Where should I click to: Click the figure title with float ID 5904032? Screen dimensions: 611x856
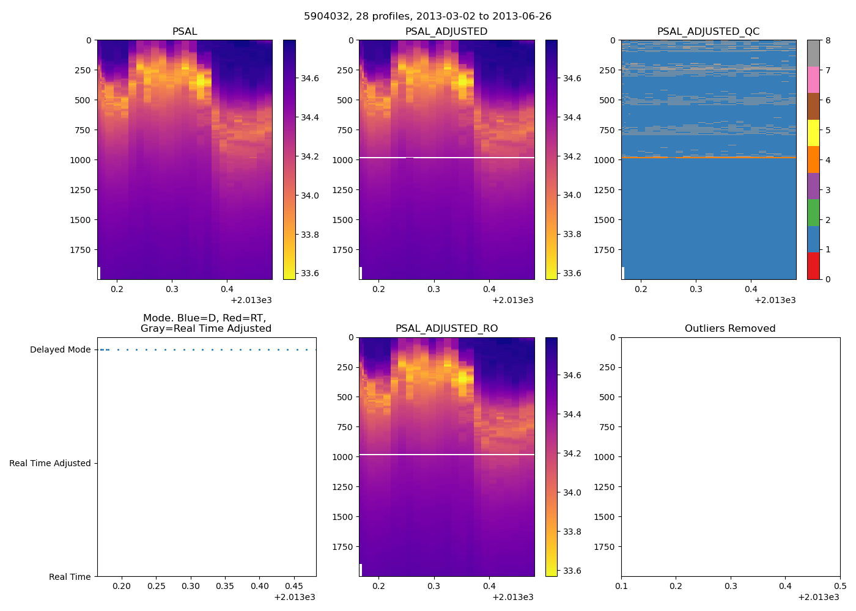(x=427, y=16)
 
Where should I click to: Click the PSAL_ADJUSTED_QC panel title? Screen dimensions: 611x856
(x=708, y=32)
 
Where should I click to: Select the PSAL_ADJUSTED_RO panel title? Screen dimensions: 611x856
(x=446, y=329)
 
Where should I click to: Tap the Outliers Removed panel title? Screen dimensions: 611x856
(x=730, y=329)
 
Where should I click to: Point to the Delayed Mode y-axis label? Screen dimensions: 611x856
(x=60, y=350)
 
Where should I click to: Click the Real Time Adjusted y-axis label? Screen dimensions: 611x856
(x=50, y=464)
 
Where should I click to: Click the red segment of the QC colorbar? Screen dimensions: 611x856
(x=813, y=266)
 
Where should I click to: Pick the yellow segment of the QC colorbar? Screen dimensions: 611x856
(x=813, y=133)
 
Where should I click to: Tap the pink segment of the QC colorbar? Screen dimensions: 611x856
(x=813, y=79)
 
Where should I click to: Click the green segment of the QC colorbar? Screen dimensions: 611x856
(x=813, y=213)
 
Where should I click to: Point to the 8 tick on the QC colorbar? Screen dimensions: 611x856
(x=828, y=41)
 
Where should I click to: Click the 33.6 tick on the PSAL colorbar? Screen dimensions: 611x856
(x=310, y=274)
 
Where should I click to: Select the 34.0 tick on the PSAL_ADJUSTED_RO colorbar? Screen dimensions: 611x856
(x=572, y=493)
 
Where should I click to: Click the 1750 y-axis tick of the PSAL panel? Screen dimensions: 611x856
(x=80, y=250)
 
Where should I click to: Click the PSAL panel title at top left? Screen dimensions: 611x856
(x=185, y=32)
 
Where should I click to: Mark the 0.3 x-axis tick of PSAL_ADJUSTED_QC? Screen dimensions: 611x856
(x=696, y=290)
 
